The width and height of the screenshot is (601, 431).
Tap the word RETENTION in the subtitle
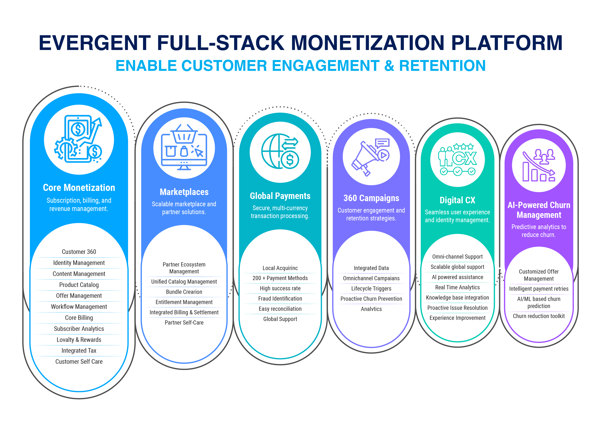pyautogui.click(x=442, y=66)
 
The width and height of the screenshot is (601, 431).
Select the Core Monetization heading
pyautogui.click(x=79, y=188)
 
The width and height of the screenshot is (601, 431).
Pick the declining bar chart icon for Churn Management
pyautogui.click(x=538, y=165)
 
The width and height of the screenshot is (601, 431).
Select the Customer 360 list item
pyautogui.click(x=79, y=252)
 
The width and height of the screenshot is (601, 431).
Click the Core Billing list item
pyautogui.click(x=79, y=318)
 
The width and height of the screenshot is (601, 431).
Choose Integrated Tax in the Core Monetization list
pyautogui.click(x=79, y=351)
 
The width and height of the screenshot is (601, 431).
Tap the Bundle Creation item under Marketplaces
pyautogui.click(x=184, y=292)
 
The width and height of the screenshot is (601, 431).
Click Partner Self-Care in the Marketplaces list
pyautogui.click(x=184, y=323)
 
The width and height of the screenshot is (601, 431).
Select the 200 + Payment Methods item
pyautogui.click(x=280, y=278)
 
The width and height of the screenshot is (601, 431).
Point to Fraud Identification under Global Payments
pyautogui.click(x=280, y=299)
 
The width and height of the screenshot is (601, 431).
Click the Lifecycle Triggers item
pyautogui.click(x=371, y=288)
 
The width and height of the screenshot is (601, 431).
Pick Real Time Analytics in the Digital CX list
pyautogui.click(x=457, y=287)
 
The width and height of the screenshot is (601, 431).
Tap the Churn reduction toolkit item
pyautogui.click(x=538, y=316)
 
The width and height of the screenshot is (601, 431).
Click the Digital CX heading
pyautogui.click(x=457, y=200)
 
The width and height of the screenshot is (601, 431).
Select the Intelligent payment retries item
pyautogui.click(x=538, y=289)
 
